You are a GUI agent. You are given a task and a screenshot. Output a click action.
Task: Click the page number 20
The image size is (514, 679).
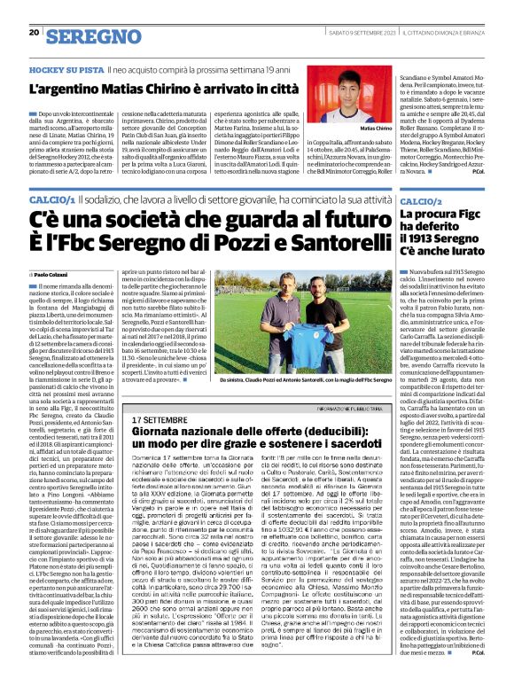34,33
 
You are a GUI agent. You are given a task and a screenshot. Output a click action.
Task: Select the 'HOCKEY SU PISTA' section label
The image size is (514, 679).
61,68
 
